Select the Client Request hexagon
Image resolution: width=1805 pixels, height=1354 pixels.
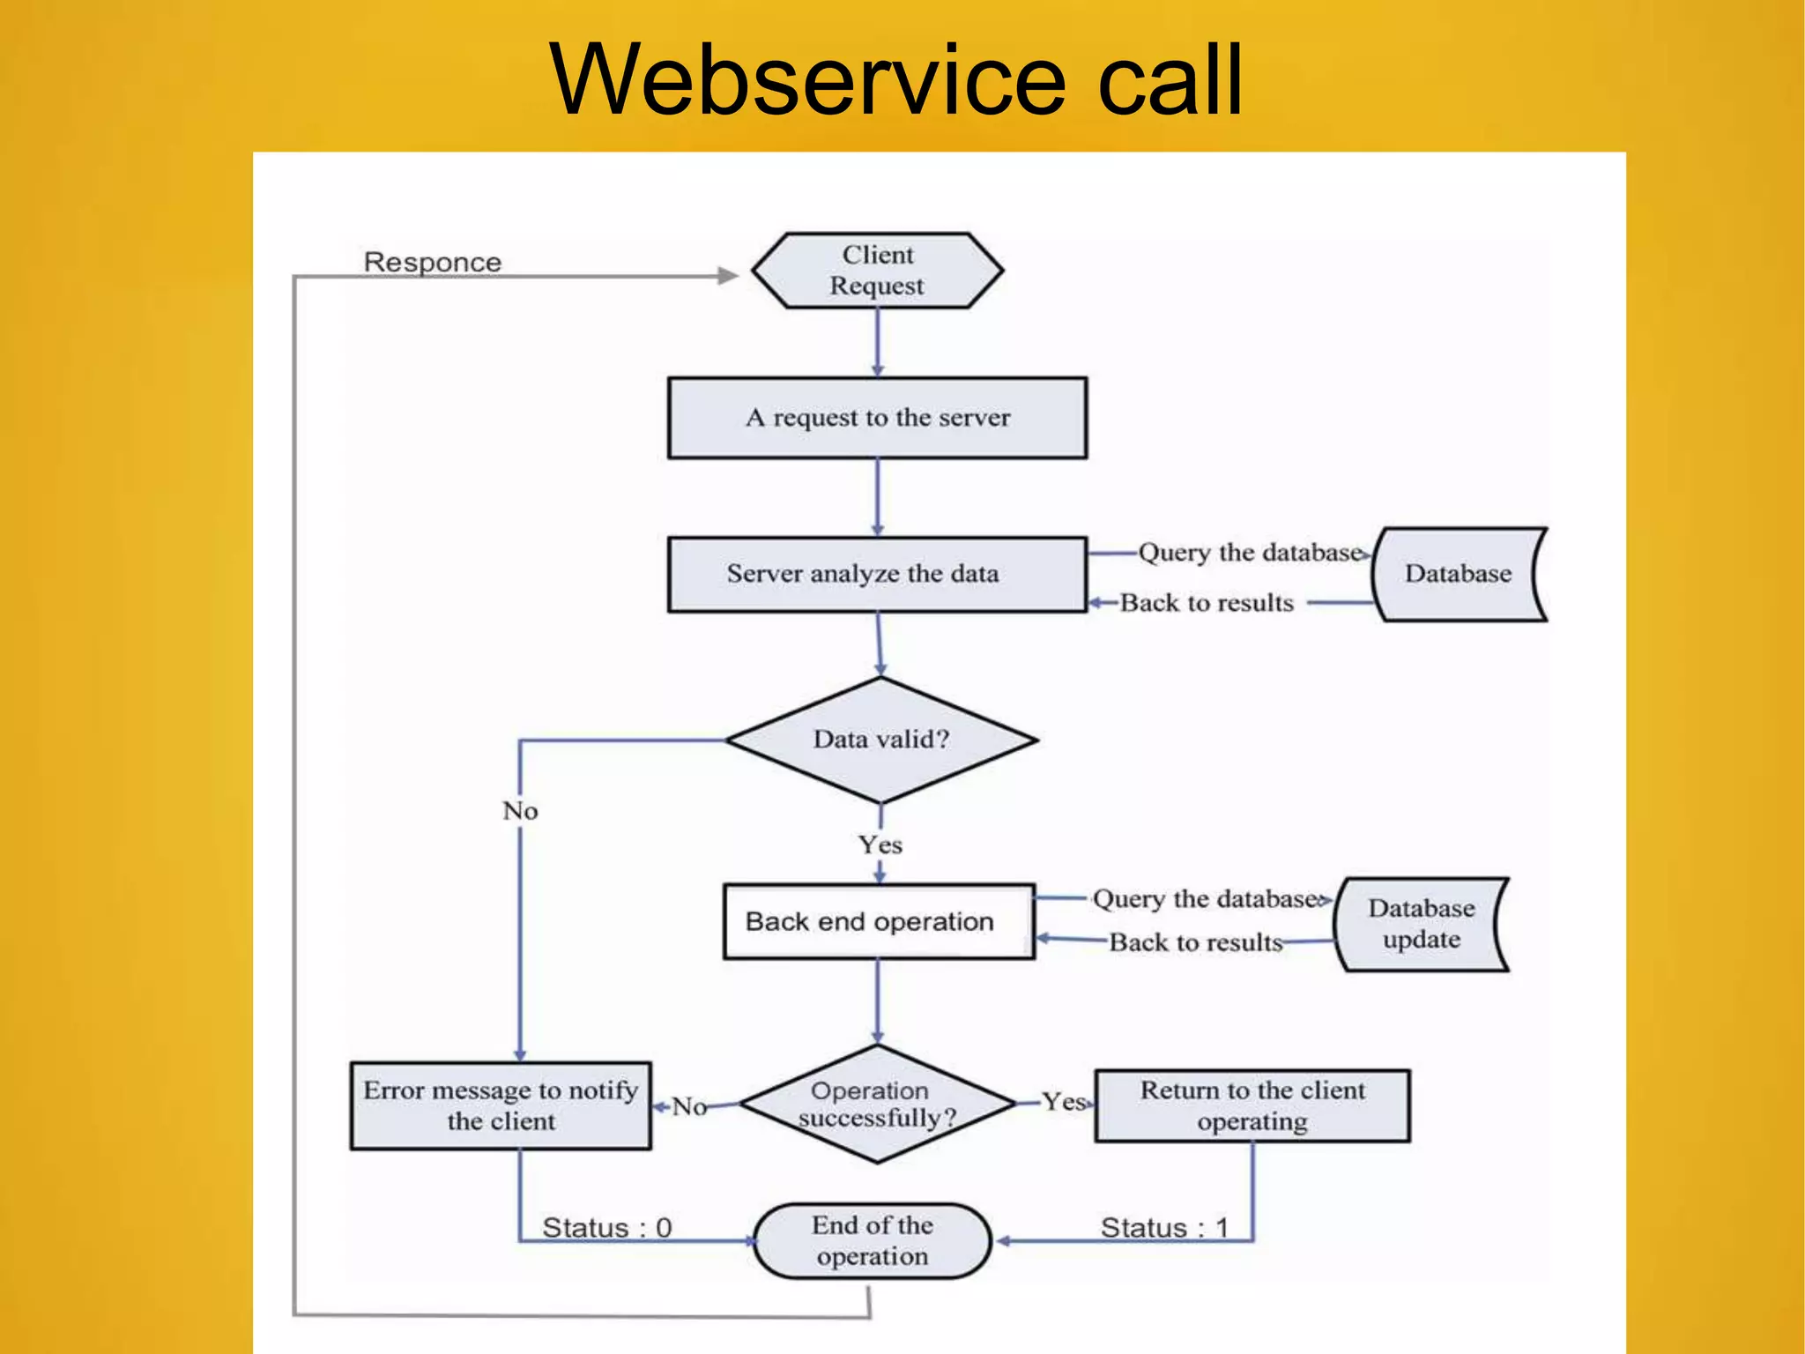click(x=877, y=270)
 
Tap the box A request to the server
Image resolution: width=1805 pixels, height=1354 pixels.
click(x=877, y=418)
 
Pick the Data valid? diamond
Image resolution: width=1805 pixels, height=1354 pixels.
click(x=880, y=740)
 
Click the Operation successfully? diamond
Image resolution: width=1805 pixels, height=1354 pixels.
click(x=877, y=1104)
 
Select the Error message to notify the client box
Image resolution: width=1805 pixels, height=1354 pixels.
click(x=501, y=1105)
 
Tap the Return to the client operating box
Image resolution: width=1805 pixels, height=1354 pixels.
click(x=1252, y=1105)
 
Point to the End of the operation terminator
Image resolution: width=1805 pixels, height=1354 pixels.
click(x=873, y=1240)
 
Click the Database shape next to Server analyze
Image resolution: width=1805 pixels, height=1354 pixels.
click(x=1458, y=574)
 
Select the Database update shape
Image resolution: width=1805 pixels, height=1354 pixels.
click(x=1421, y=924)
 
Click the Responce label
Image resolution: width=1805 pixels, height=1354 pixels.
click(x=432, y=262)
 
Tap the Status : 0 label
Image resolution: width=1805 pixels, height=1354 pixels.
click(x=606, y=1227)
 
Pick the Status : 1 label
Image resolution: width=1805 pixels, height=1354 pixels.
click(x=1163, y=1227)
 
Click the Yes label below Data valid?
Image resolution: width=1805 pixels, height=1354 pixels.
click(x=880, y=844)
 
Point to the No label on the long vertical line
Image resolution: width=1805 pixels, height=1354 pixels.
click(x=520, y=811)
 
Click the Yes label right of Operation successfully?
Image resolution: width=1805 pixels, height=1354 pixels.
click(x=1063, y=1101)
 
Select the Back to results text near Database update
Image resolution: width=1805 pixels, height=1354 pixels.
click(x=1195, y=942)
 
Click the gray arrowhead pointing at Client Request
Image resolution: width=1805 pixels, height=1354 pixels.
click(x=727, y=276)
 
